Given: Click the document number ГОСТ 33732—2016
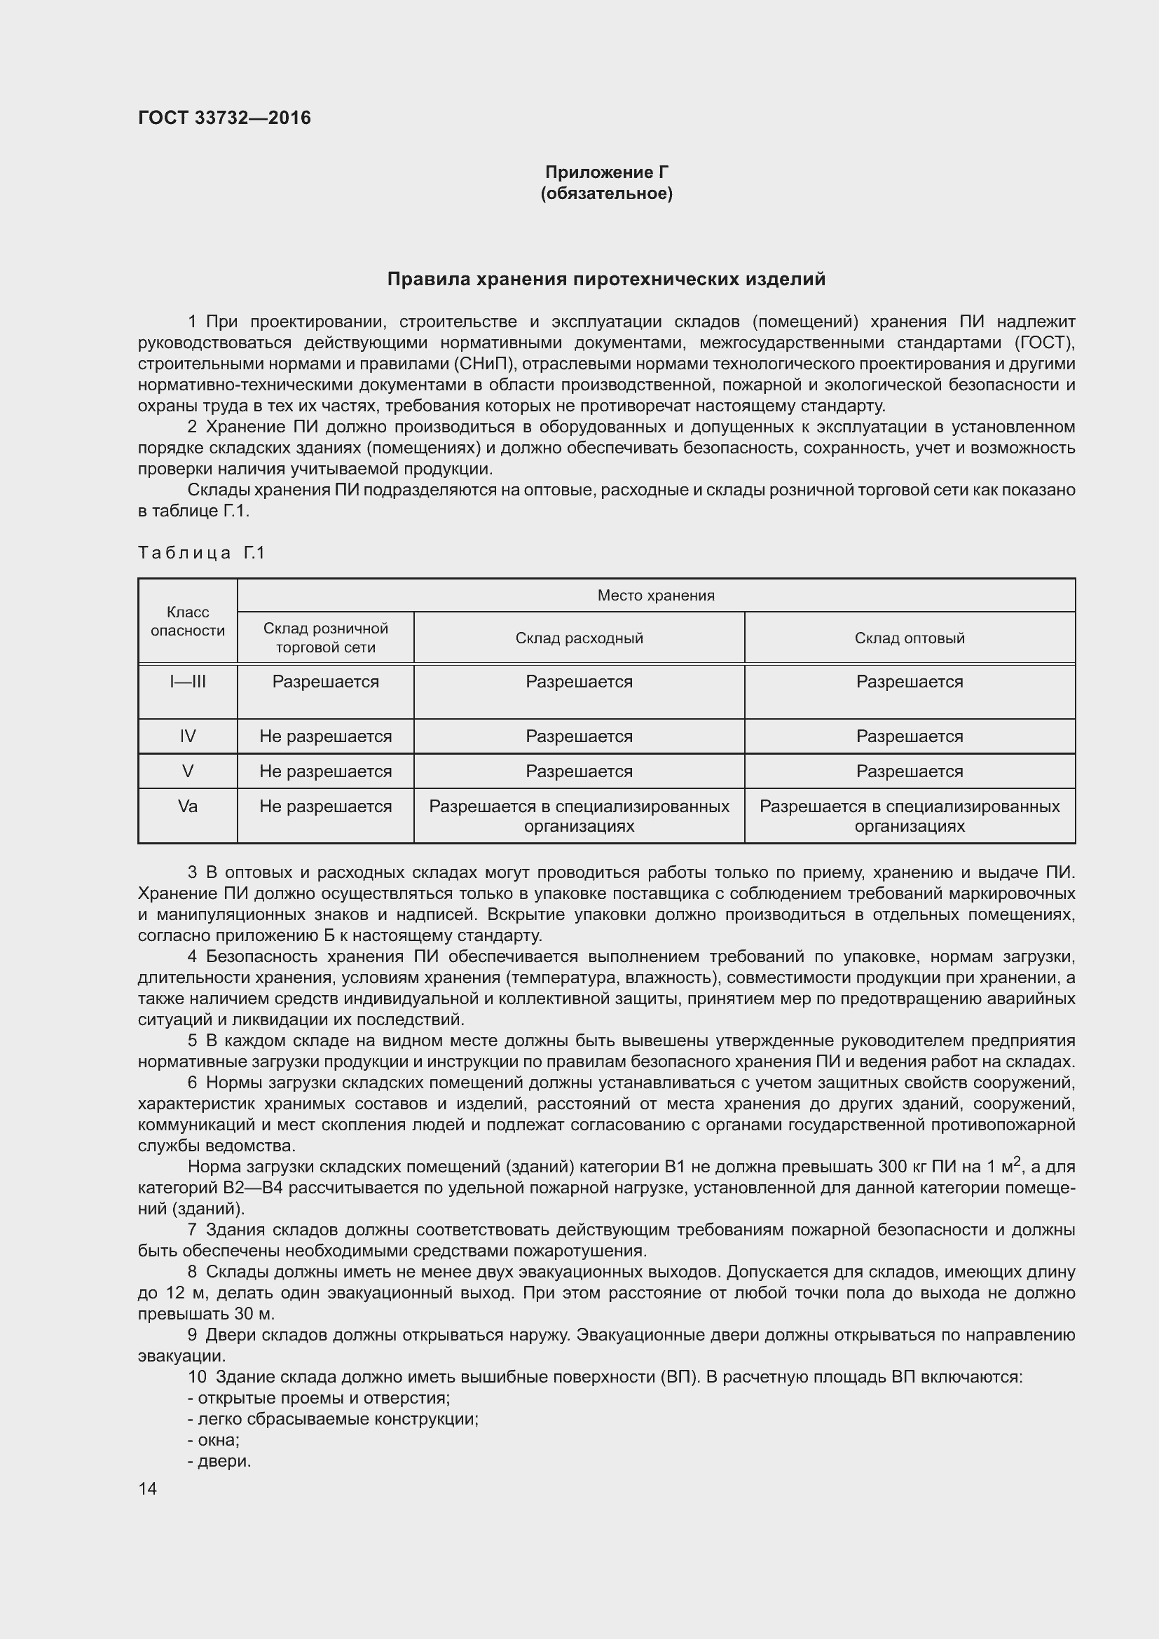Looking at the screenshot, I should click(x=224, y=118).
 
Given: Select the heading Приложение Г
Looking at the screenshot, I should click(x=606, y=172).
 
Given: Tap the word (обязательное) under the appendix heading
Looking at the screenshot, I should click(x=606, y=193).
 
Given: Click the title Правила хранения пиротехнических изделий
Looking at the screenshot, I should click(x=606, y=279).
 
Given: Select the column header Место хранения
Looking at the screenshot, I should click(x=655, y=596).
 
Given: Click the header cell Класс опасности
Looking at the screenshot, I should click(x=188, y=621).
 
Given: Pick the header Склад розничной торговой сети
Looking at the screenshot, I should click(x=325, y=638).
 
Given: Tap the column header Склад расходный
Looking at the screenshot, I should click(x=579, y=638).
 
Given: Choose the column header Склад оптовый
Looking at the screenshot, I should click(x=910, y=638).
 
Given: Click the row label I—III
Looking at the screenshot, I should click(x=188, y=682).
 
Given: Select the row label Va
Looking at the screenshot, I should click(x=188, y=807).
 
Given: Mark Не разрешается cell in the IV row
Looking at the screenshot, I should click(x=325, y=736).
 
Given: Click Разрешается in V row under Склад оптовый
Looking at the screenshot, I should click(x=910, y=772).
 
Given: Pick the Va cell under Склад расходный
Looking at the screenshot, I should click(x=579, y=816).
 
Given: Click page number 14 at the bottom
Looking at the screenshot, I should click(x=148, y=1488).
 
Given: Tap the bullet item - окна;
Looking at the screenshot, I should click(x=214, y=1439).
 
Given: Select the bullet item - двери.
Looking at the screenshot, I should click(x=220, y=1460).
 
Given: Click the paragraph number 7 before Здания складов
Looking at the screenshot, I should click(x=192, y=1229).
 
